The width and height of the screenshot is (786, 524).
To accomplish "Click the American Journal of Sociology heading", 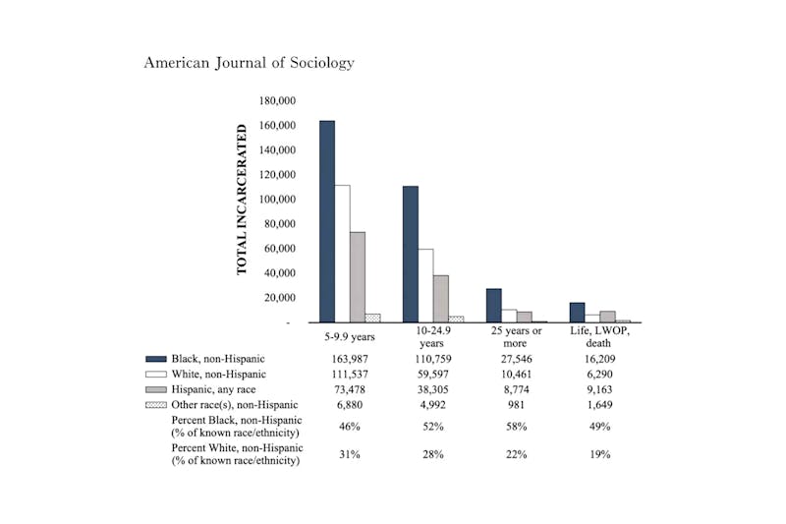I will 249,62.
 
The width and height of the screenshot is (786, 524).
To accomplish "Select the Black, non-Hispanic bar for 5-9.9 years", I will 326,221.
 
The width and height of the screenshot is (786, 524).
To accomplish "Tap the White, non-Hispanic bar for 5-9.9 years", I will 342,254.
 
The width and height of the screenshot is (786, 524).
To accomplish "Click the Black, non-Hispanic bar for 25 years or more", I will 493,305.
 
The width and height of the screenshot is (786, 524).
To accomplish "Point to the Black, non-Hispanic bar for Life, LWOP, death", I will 577,312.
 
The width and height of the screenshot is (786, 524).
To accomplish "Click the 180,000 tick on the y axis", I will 277,101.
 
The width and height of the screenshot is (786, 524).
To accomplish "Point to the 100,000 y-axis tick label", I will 277,200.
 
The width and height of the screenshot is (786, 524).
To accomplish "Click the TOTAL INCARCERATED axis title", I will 242,211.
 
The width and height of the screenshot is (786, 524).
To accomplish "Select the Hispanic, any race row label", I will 213,389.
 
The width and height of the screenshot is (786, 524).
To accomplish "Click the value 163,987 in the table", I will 350,359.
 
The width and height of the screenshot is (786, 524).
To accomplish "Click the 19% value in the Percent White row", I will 599,454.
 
